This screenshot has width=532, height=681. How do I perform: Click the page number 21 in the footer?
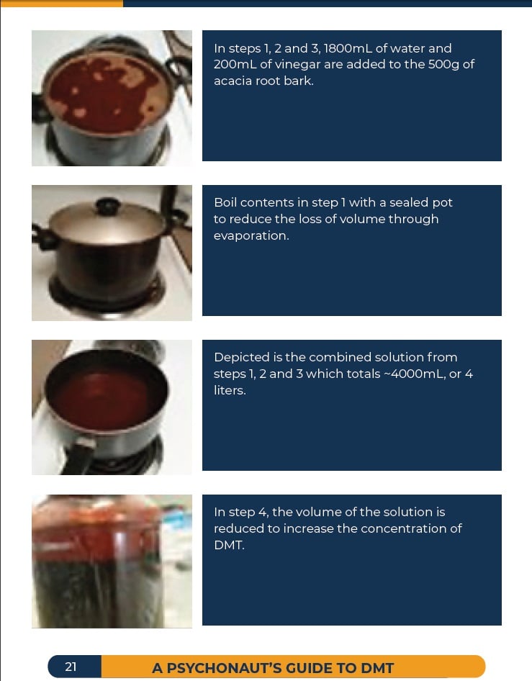(71, 667)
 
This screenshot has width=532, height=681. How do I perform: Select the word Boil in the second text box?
(225, 203)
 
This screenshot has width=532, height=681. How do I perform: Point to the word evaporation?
(251, 236)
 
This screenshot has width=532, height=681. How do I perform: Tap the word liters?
(230, 390)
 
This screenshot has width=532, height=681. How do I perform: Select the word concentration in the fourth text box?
(406, 528)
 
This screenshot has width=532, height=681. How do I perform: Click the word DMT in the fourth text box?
(229, 545)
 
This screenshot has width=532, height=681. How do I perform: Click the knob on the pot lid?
(107, 205)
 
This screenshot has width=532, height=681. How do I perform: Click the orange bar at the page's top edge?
(61, 4)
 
